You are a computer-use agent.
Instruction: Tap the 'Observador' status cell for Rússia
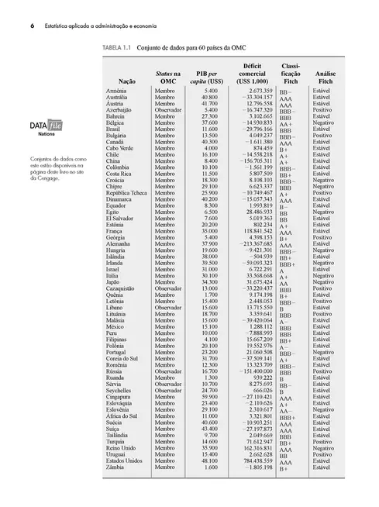[x=170, y=371]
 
